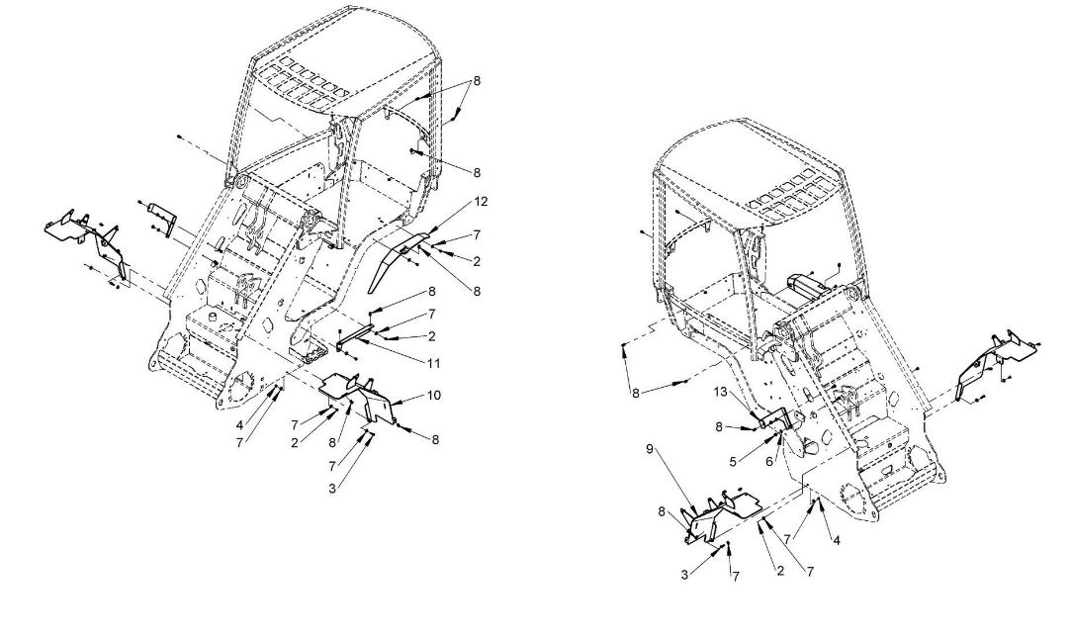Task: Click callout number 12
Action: tap(481, 202)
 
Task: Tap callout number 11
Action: tap(433, 364)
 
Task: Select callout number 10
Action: tap(434, 396)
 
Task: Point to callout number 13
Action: tap(721, 393)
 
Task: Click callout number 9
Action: tap(650, 450)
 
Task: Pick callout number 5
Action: tap(732, 461)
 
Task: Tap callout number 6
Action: tap(769, 462)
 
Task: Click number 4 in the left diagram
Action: tap(239, 425)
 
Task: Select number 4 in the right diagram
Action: tap(837, 540)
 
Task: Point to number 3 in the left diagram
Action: tap(332, 490)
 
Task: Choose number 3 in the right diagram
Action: tap(684, 576)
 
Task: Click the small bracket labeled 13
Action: tap(773, 418)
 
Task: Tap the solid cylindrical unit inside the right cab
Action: tap(807, 283)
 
